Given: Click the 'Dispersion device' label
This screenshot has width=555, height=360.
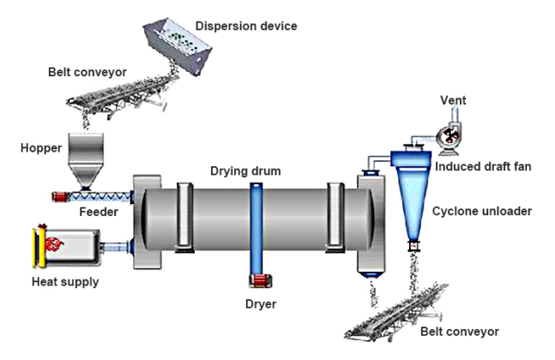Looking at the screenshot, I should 247,27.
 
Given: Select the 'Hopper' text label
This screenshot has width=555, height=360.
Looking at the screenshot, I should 41,148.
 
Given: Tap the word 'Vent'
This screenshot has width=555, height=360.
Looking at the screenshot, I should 453,101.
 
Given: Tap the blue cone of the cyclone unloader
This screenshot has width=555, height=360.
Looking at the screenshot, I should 413,201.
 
